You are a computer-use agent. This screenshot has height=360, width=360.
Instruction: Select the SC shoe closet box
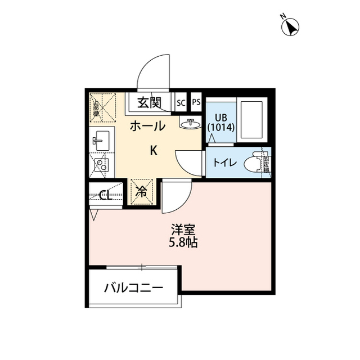(x=181, y=102)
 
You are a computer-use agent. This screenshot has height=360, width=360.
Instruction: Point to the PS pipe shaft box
(x=196, y=102)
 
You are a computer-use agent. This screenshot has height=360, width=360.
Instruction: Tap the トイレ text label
(x=224, y=163)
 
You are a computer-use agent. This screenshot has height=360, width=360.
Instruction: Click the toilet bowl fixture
(x=256, y=163)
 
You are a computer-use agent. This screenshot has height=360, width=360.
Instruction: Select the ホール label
(x=147, y=127)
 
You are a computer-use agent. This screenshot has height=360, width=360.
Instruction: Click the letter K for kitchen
(x=152, y=150)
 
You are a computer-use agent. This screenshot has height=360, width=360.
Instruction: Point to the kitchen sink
(x=101, y=139)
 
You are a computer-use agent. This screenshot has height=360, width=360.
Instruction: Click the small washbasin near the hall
(x=190, y=123)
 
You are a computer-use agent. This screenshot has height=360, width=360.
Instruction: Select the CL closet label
(x=105, y=195)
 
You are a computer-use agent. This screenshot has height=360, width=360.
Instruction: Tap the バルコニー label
(x=133, y=289)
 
